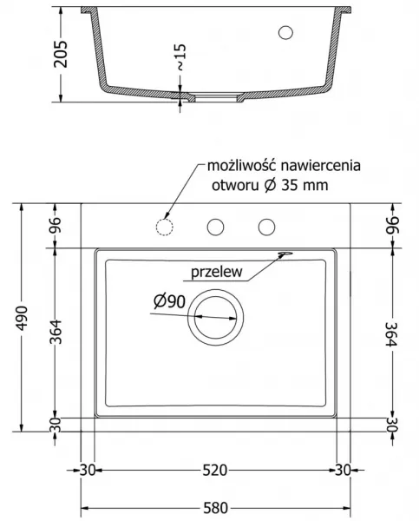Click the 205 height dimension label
tap(61, 54)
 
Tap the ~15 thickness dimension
tap(180, 57)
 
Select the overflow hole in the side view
tap(285, 33)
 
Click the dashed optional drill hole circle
tap(164, 228)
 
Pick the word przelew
tap(217, 272)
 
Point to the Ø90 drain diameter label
tap(169, 301)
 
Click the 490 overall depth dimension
tap(23, 318)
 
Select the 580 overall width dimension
tap(215, 508)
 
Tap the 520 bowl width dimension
tap(215, 470)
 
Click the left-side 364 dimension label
tap(56, 332)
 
